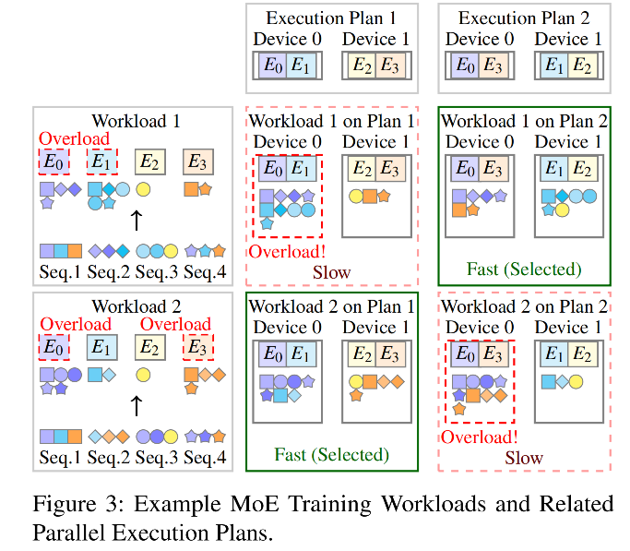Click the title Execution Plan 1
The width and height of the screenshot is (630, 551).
[331, 18]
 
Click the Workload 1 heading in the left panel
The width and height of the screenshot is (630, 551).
[136, 121]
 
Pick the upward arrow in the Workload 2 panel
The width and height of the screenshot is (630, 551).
[136, 403]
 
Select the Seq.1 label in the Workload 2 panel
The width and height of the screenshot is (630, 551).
[61, 455]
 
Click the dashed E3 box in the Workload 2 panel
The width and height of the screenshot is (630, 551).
[196, 348]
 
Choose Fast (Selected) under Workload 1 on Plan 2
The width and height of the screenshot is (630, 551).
[524, 270]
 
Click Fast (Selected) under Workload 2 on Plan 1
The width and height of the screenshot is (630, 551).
[331, 454]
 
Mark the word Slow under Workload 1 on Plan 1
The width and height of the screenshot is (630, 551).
[331, 272]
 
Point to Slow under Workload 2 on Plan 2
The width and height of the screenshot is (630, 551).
[524, 457]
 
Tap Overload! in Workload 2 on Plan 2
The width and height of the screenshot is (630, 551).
[479, 437]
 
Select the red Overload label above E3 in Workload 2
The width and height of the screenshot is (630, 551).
[175, 324]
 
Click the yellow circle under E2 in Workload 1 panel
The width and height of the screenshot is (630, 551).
[144, 189]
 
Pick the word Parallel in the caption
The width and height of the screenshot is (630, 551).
[68, 533]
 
